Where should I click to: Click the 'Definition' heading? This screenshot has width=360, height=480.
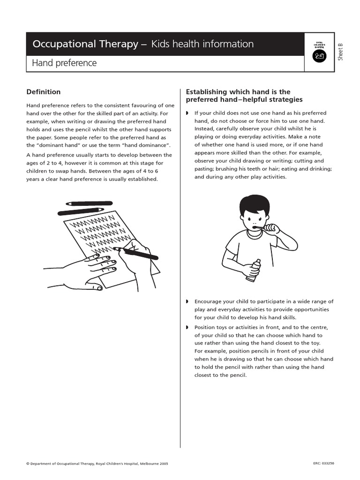pyautogui.click(x=43, y=92)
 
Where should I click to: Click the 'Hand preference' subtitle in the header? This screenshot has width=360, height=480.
pyautogui.click(x=64, y=63)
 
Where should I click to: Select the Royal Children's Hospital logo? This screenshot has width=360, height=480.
pyautogui.click(x=319, y=52)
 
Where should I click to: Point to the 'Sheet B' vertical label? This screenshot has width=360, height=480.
pyautogui.click(x=341, y=51)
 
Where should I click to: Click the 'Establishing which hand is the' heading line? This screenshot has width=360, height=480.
pyautogui.click(x=238, y=92)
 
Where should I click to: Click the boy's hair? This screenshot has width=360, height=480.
pyautogui.click(x=255, y=205)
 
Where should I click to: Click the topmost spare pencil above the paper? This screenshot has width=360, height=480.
pyautogui.click(x=89, y=203)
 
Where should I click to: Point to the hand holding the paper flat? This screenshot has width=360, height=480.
pyautogui.click(x=89, y=272)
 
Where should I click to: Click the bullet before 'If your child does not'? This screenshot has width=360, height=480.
pyautogui.click(x=187, y=113)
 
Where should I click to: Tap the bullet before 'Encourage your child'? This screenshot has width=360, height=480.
pyautogui.click(x=187, y=301)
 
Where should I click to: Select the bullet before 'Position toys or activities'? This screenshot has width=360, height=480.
pyautogui.click(x=187, y=327)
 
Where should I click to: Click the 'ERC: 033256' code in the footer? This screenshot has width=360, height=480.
pyautogui.click(x=323, y=463)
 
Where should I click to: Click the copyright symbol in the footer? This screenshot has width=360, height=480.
pyautogui.click(x=28, y=464)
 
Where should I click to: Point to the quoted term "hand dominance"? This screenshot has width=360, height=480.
pyautogui.click(x=150, y=145)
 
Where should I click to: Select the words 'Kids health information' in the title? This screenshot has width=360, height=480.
pyautogui.click(x=202, y=44)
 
